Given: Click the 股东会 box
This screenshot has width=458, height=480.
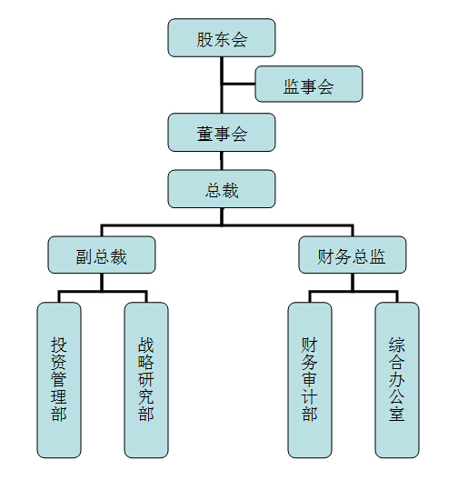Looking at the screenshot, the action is point(222,37).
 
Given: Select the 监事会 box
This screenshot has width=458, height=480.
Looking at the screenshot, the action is point(309,84).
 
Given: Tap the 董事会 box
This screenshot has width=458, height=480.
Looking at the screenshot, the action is point(222,132).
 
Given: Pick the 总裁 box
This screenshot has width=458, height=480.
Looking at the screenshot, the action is point(222,189).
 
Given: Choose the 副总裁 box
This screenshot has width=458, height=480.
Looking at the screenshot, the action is point(102,255).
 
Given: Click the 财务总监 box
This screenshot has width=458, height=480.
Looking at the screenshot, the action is point(353,255).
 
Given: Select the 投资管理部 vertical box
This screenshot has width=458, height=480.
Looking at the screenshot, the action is point(59,380).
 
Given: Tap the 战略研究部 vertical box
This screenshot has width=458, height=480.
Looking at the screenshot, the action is point(146,380).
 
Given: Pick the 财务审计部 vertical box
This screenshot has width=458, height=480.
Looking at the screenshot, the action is point(310,380).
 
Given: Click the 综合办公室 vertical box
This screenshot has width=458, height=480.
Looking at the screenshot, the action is point(397,380).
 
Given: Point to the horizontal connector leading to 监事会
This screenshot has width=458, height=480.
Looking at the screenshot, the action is point(239,84).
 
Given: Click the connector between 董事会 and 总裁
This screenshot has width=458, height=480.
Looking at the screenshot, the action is point(222,161).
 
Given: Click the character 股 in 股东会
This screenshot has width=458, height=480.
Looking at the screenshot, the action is point(204,39).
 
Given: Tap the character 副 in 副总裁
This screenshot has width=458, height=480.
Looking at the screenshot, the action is point(85,256).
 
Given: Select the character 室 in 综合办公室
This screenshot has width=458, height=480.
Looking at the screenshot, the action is point(397,414).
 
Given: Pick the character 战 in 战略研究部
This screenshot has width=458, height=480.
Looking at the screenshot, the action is point(146,345).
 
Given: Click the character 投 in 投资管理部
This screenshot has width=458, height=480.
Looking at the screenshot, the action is point(59,345).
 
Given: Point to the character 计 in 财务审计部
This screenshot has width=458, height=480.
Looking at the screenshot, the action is point(309,396).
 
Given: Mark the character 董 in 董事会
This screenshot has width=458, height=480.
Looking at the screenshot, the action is point(204,134).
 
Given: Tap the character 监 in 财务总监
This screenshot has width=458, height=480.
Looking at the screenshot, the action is point(377,256).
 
